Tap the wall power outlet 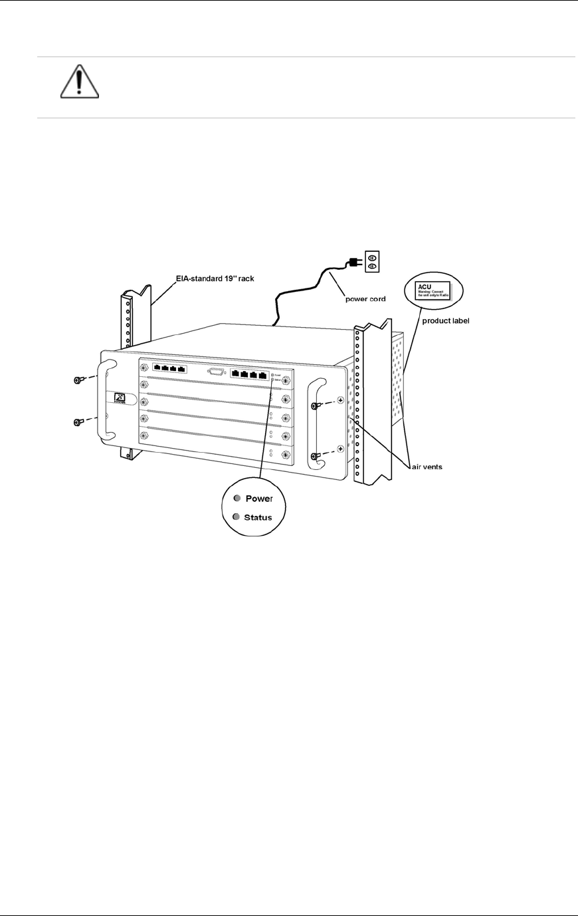pyautogui.click(x=373, y=261)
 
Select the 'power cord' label pyautogui.click(x=365, y=299)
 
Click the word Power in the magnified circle pyautogui.click(x=259, y=499)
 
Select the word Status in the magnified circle pyautogui.click(x=258, y=517)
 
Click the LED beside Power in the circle pyautogui.click(x=237, y=498)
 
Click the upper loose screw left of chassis pyautogui.click(x=77, y=380)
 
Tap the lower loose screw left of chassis pyautogui.click(x=77, y=422)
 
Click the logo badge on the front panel pyautogui.click(x=120, y=398)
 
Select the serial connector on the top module pyautogui.click(x=217, y=372)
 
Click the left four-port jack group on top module pyautogui.click(x=169, y=368)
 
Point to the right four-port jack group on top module pyautogui.click(x=250, y=375)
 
